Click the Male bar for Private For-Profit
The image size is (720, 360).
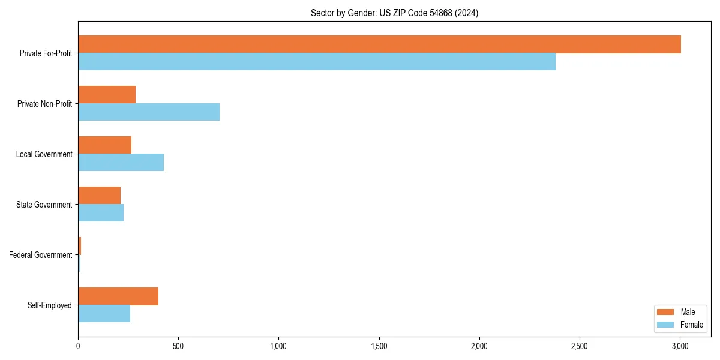379,44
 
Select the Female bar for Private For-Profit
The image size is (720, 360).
317,62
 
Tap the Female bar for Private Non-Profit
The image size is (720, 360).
149,112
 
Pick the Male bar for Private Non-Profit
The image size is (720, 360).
107,95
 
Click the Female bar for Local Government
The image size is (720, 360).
121,163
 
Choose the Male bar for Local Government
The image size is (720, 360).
104,145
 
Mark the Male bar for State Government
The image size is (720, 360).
99,196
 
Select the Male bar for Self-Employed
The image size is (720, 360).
118,296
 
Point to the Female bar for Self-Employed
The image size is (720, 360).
104,314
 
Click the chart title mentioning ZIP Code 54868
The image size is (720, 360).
394,13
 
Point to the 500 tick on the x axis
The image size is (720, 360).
178,346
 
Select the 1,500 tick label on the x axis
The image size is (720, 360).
379,346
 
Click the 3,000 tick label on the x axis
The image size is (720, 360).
679,346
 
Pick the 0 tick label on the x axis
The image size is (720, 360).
78,346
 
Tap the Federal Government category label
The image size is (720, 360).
41,255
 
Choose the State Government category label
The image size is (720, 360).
44,205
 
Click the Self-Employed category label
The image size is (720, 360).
49,305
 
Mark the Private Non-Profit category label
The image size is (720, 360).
44,104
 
